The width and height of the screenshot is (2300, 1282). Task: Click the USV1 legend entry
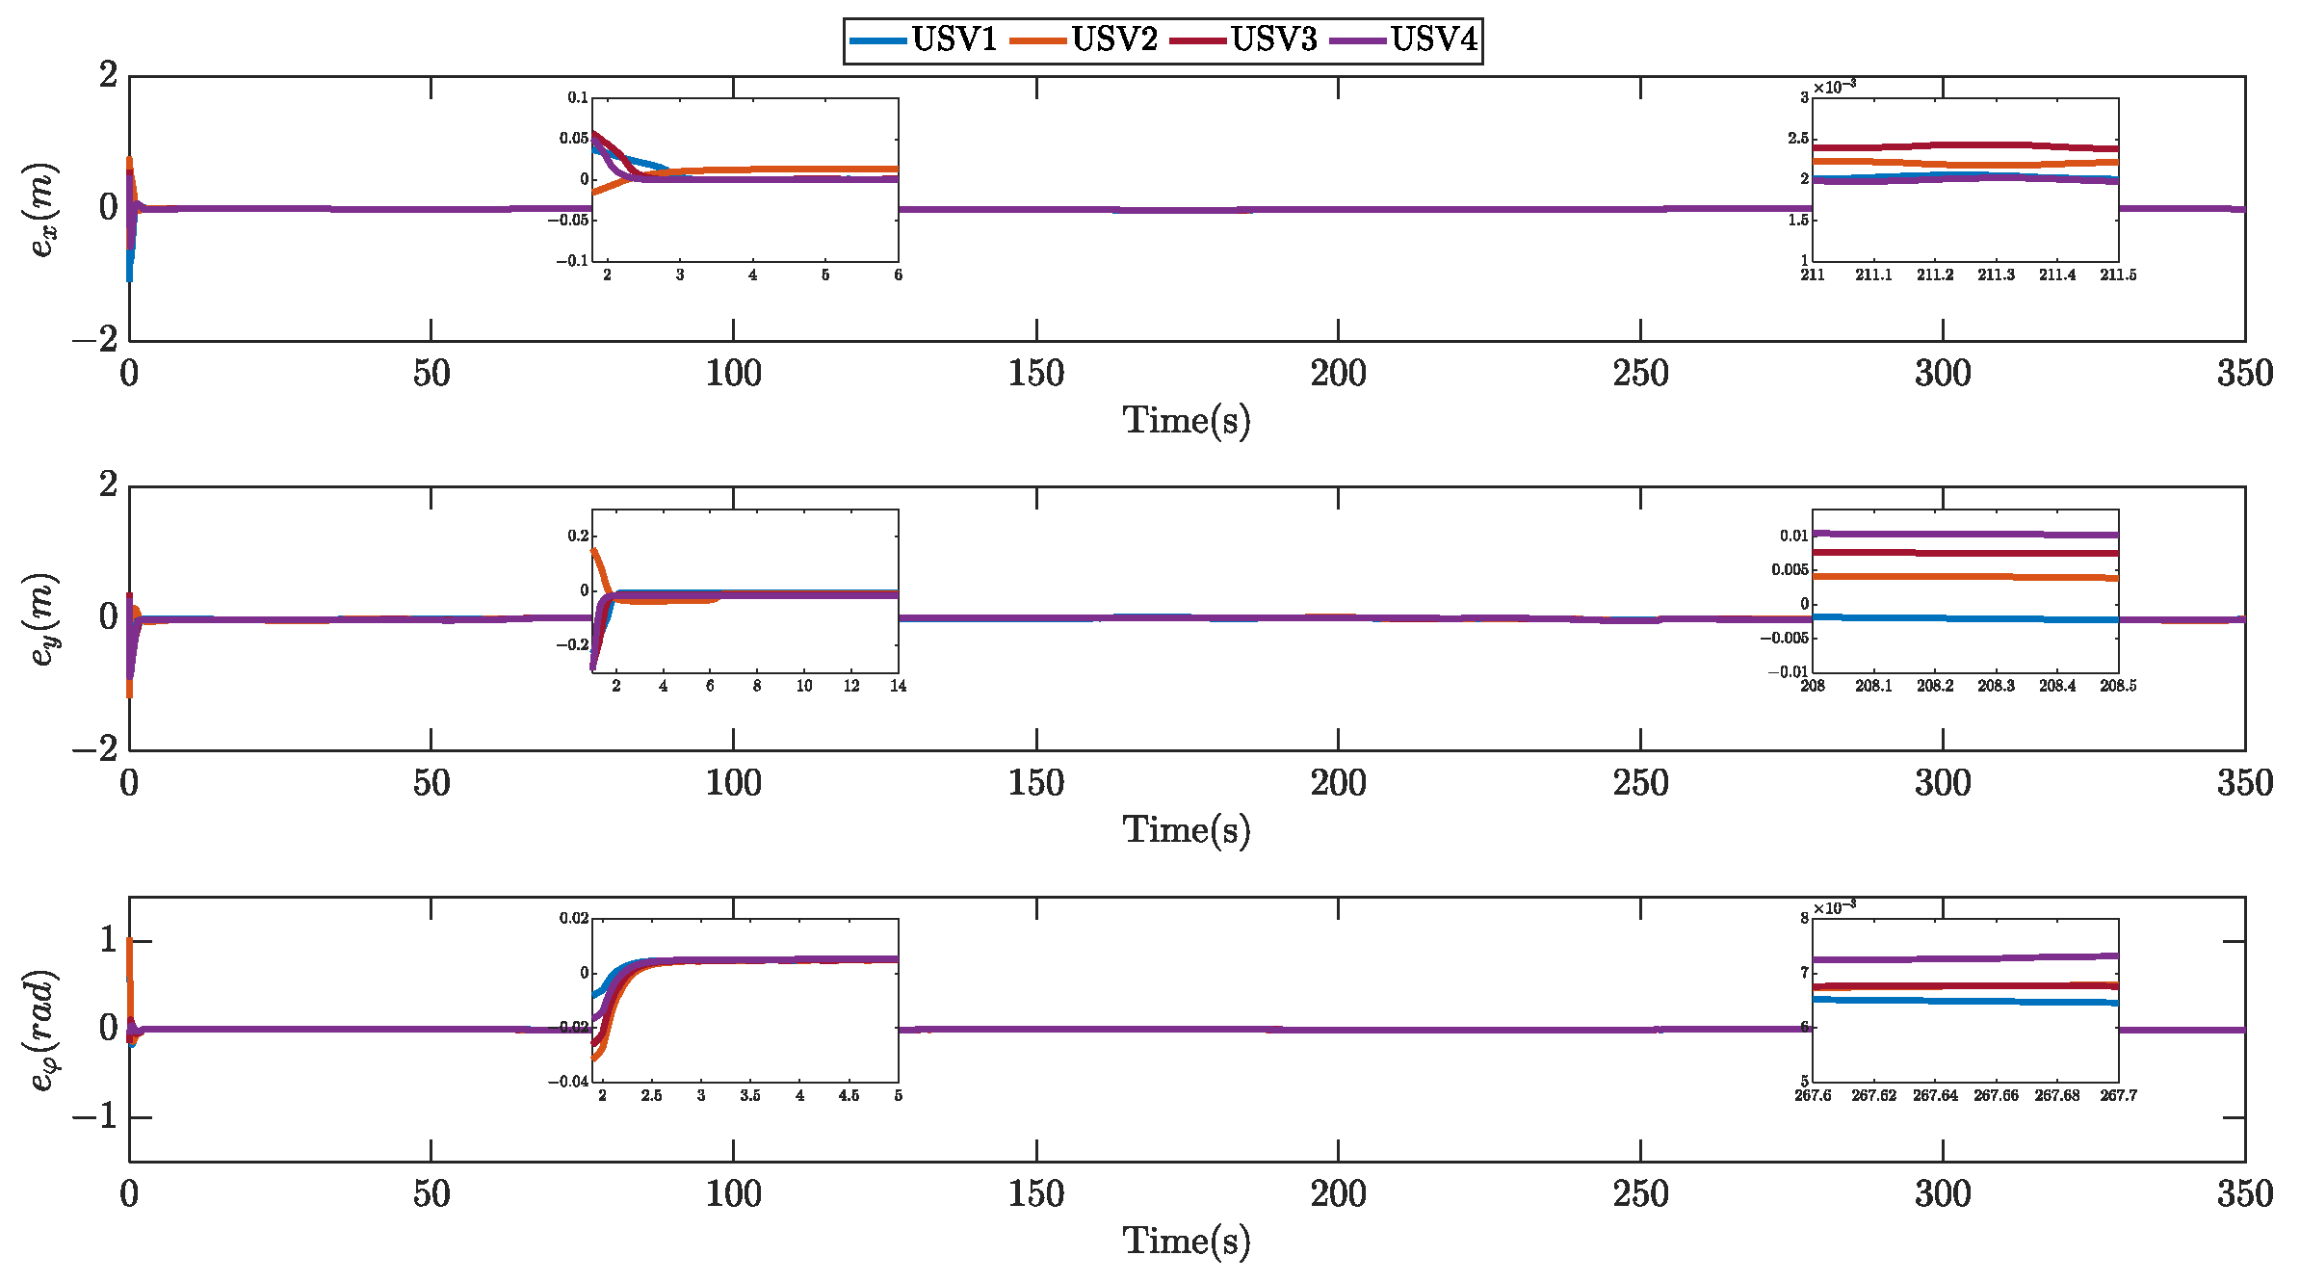coord(954,40)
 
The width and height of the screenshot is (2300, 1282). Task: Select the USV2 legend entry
coord(1113,40)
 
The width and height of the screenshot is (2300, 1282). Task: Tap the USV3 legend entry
coord(1273,40)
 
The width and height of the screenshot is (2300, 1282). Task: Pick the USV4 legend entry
coord(1433,40)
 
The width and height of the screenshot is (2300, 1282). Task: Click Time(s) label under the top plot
coord(1187,421)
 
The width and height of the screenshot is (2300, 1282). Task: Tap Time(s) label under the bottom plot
coord(1187,1242)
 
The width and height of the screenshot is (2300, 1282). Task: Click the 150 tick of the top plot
coord(1035,374)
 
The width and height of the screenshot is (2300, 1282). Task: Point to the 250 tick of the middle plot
coord(1640,783)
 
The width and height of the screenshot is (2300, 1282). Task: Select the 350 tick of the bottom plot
coord(2244,1194)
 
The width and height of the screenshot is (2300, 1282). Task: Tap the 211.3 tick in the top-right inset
coord(1996,275)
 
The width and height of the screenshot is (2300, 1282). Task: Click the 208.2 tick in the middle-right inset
coord(1935,686)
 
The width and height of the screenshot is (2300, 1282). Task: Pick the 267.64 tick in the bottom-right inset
coord(1935,1096)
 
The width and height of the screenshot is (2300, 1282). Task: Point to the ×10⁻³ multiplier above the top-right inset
coord(1834,88)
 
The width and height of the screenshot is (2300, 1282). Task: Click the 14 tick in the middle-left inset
coord(898,686)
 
